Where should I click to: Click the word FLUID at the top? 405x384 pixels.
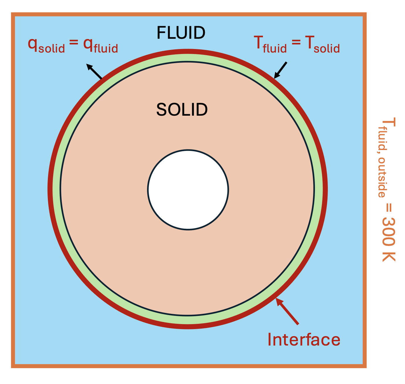click(x=181, y=33)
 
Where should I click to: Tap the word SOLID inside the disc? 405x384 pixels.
click(x=182, y=110)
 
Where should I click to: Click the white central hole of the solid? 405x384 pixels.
click(x=188, y=189)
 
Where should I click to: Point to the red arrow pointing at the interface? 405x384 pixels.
click(x=287, y=311)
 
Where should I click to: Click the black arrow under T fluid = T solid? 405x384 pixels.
click(x=280, y=70)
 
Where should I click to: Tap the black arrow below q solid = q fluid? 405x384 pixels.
click(x=94, y=71)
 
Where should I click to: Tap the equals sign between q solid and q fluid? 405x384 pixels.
click(x=74, y=42)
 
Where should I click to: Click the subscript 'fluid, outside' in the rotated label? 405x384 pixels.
click(x=382, y=162)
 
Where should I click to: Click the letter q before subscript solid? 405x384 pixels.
click(x=33, y=45)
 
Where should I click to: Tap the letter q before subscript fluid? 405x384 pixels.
click(x=88, y=45)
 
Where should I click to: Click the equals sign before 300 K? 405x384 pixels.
click(x=389, y=208)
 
